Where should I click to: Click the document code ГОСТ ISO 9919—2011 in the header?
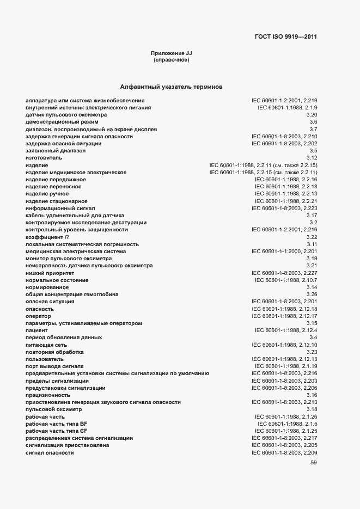pos(286,37)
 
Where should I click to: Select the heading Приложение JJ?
pos(172,53)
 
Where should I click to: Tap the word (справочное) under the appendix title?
pos(172,60)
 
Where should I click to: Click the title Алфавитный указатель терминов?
pos(171,87)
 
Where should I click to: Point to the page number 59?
pos(313,463)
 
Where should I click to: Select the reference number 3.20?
pos(312,115)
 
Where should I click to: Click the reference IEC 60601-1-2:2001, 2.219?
pos(284,101)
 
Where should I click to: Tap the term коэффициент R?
pos(47,237)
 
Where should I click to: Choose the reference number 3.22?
pos(312,237)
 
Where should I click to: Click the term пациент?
pos(36,330)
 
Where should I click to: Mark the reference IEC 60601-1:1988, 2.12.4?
pos(286,330)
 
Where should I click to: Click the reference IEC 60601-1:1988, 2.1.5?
pos(288,424)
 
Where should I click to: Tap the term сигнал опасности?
pos(50,452)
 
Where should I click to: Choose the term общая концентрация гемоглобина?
pos(72,295)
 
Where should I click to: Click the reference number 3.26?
pos(312,295)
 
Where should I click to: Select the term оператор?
pos(38,316)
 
